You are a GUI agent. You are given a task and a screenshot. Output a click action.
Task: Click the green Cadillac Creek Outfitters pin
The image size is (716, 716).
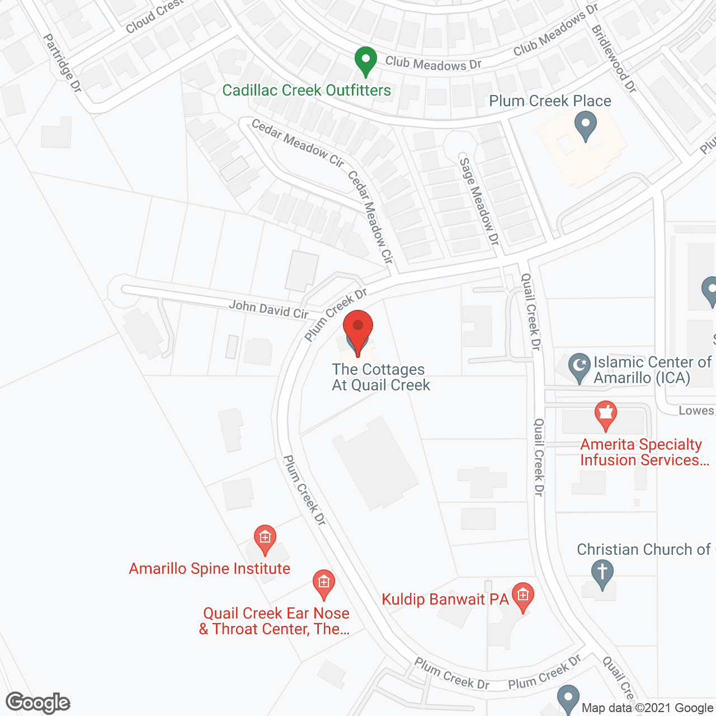(365, 61)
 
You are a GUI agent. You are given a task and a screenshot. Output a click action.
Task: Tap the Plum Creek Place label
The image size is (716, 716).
(550, 101)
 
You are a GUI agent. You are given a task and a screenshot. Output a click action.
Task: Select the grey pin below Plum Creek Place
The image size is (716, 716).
(586, 126)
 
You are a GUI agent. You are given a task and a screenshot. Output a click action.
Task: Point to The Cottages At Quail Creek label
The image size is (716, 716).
(380, 378)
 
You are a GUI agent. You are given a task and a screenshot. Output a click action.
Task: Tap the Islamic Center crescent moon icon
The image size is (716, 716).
(580, 368)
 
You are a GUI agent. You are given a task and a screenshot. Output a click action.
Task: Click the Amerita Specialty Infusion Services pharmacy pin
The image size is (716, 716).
(605, 416)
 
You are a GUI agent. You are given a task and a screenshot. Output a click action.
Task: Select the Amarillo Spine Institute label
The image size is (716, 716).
(210, 569)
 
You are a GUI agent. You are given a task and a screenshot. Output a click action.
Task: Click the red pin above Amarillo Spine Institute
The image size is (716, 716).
(265, 539)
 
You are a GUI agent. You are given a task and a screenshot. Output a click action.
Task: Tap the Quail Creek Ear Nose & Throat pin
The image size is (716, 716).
(323, 584)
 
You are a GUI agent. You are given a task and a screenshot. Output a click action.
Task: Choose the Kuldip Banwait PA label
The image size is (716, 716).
(445, 600)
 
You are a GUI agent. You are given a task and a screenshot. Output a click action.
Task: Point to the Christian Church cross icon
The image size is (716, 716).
(602, 574)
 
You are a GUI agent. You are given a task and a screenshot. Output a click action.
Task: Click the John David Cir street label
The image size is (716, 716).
(268, 309)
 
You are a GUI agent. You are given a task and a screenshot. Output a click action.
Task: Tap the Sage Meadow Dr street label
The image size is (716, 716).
(479, 201)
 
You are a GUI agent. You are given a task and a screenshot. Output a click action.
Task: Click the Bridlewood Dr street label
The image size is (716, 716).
(614, 59)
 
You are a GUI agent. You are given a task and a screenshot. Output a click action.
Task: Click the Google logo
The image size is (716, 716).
(38, 703)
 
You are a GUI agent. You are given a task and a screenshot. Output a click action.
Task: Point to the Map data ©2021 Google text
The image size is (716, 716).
(647, 708)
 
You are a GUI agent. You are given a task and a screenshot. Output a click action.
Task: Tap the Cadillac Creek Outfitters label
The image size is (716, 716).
(307, 91)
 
